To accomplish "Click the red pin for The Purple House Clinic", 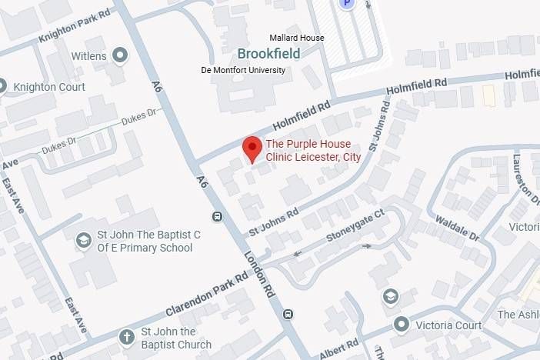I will coord(252,147).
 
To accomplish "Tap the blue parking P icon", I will coord(348,4).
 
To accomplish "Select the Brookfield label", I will coord(268,54).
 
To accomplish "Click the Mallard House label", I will coord(295,38).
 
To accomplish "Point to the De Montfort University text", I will coord(243,70).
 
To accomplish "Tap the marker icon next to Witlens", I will coord(120,55).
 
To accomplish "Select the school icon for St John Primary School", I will coord(83,241).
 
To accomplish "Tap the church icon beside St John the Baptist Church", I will coord(127,338).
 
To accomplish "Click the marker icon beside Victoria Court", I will coord(401,325).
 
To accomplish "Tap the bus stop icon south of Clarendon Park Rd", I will coord(288,313).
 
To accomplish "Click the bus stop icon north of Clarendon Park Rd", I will coord(218,216).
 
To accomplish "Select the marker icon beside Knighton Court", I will coord(2,87).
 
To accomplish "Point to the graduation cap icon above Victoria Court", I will coord(391,297).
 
